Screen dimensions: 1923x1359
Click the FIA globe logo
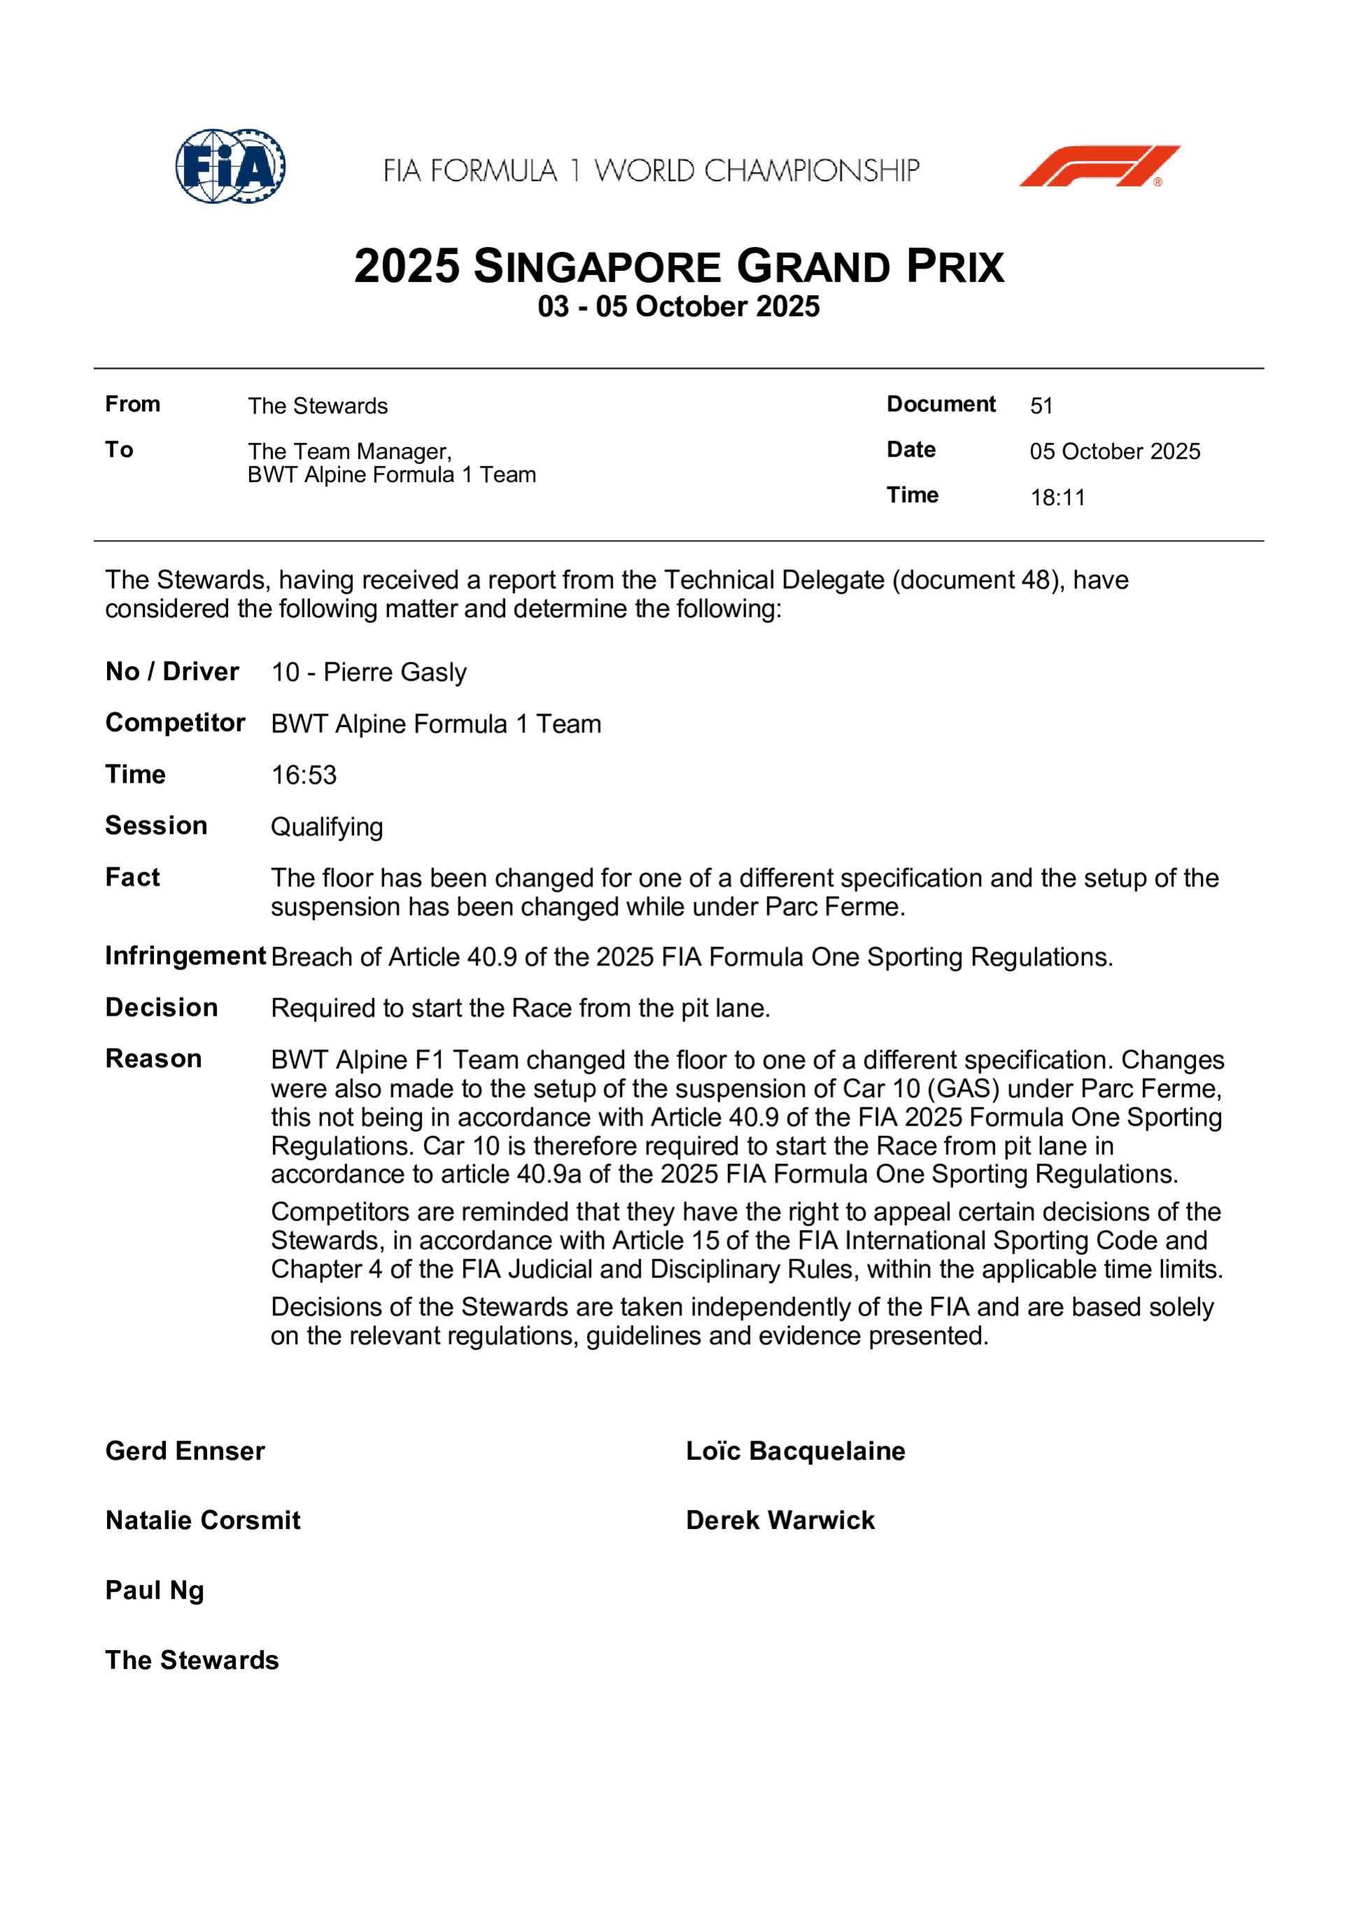pyautogui.click(x=230, y=166)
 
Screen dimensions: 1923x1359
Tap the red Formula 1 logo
pyautogui.click(x=1099, y=166)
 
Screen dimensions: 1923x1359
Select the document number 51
pyautogui.click(x=1041, y=406)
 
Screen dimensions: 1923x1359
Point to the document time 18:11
pyautogui.click(x=1058, y=497)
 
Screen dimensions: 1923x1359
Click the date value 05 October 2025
pyautogui.click(x=1114, y=451)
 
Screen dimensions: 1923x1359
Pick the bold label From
pyautogui.click(x=132, y=404)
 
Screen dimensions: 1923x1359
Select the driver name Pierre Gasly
pyautogui.click(x=394, y=672)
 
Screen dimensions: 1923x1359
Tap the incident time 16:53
pyautogui.click(x=304, y=776)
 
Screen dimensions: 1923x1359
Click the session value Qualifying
pyautogui.click(x=327, y=828)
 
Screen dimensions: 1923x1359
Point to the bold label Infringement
pyautogui.click(x=185, y=956)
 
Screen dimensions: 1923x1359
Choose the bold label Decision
pyautogui.click(x=162, y=1007)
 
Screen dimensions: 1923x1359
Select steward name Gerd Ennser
pyautogui.click(x=185, y=1452)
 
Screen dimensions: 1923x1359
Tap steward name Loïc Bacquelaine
pyautogui.click(x=795, y=1452)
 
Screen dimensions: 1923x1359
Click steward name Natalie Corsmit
pyautogui.click(x=203, y=1521)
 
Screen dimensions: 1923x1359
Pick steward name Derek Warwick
pyautogui.click(x=781, y=1521)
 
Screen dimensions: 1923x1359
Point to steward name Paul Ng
pyautogui.click(x=155, y=1591)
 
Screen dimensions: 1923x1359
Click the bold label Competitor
pyautogui.click(x=175, y=723)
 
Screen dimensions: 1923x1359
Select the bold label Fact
pyautogui.click(x=132, y=878)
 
